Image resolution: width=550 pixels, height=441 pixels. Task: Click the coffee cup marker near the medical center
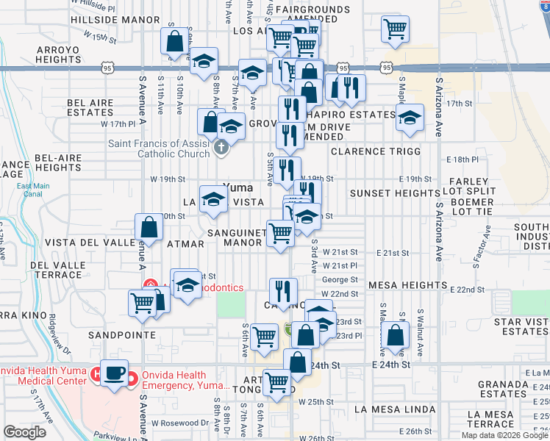click(115, 373)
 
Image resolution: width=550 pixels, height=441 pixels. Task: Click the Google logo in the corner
click(26, 433)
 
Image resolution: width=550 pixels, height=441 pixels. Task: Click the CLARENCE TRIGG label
click(375, 151)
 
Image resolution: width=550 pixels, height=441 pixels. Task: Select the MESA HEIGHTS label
click(407, 284)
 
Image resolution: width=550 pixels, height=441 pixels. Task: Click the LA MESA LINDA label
click(393, 409)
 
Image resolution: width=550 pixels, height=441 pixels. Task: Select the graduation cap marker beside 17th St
click(410, 118)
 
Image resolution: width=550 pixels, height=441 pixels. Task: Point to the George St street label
click(340, 280)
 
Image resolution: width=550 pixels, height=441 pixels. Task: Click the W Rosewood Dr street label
click(180, 423)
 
